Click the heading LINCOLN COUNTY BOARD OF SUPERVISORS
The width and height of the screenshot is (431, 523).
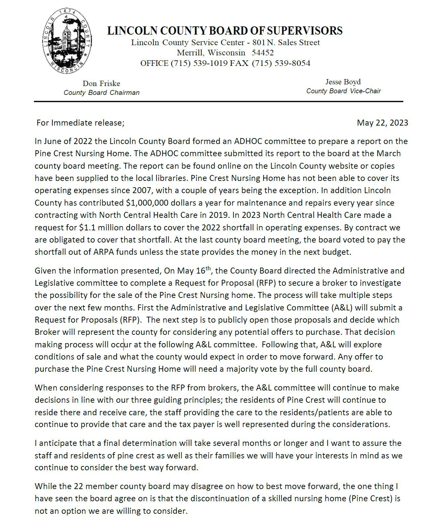(x=225, y=31)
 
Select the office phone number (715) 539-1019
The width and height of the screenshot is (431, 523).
(x=199, y=63)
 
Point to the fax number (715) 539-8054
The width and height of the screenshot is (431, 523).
(x=281, y=63)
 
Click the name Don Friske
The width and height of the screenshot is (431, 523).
(x=101, y=83)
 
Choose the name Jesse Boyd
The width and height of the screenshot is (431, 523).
(x=343, y=82)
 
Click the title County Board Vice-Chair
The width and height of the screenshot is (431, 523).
(x=343, y=91)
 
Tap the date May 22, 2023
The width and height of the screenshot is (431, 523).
(x=382, y=123)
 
